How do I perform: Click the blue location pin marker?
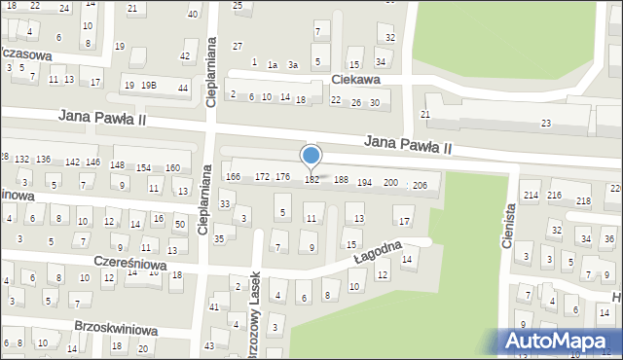tap(311, 156)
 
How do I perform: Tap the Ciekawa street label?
tap(354, 81)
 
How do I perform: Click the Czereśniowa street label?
tap(130, 264)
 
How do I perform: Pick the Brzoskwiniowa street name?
tap(116, 330)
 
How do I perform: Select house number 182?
tap(312, 180)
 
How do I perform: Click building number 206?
tap(420, 185)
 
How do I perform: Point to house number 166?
tap(233, 176)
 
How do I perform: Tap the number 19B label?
tap(149, 86)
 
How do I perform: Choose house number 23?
tap(546, 123)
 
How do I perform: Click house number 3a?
tap(292, 64)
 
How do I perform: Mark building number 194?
tap(364, 182)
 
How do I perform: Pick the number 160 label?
tap(172, 168)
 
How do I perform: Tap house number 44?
tap(183, 89)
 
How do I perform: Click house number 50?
tap(180, 225)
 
